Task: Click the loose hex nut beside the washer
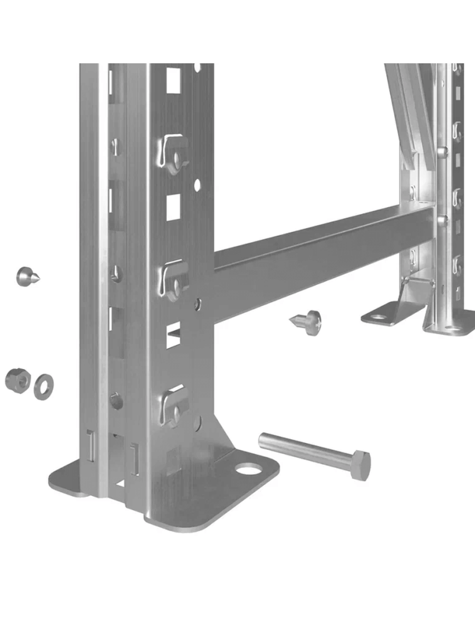pos(16,380)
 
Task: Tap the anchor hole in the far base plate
pos(379,317)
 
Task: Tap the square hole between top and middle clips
pos(173,207)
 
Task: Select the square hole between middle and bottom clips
pos(173,335)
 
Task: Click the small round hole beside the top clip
pos(197,185)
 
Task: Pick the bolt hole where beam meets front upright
pos(198,303)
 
